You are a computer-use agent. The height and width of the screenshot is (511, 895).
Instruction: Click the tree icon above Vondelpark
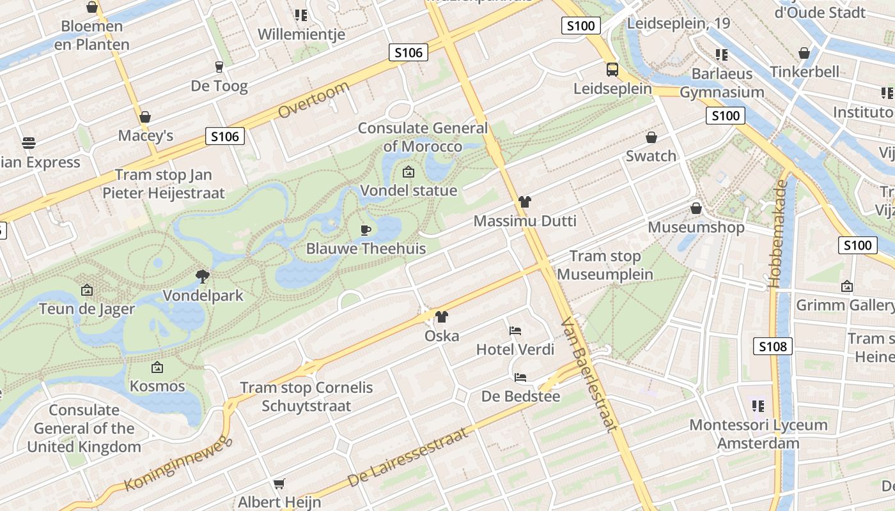(x=203, y=276)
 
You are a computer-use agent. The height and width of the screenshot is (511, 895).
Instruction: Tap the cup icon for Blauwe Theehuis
(x=366, y=230)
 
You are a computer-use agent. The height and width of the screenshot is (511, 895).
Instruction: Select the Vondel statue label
(x=409, y=190)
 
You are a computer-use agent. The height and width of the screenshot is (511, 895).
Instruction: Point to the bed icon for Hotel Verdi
(x=515, y=330)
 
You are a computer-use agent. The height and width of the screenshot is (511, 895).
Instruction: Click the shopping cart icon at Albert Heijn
(x=279, y=484)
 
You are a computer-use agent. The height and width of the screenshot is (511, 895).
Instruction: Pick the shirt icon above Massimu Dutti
(x=525, y=202)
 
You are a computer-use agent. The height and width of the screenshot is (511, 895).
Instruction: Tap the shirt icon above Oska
(x=442, y=316)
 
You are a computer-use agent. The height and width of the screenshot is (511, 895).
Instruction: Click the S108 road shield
(x=772, y=346)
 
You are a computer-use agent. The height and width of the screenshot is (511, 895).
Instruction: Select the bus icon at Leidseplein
(x=612, y=69)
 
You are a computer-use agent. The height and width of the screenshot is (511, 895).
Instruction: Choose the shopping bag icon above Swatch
(x=651, y=137)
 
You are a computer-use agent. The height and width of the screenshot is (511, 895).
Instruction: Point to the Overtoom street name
(x=314, y=100)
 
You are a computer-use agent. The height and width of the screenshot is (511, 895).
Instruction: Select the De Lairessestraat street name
(x=408, y=457)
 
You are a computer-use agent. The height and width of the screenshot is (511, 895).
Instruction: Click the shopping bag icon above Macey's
(x=145, y=117)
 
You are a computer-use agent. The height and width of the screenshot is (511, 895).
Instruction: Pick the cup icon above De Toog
(x=219, y=66)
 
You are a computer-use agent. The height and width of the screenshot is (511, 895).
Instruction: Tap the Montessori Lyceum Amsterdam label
(x=758, y=434)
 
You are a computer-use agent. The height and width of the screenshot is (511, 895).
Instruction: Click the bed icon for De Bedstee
(x=520, y=378)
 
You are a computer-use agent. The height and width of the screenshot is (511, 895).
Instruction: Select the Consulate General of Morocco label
(x=423, y=137)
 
